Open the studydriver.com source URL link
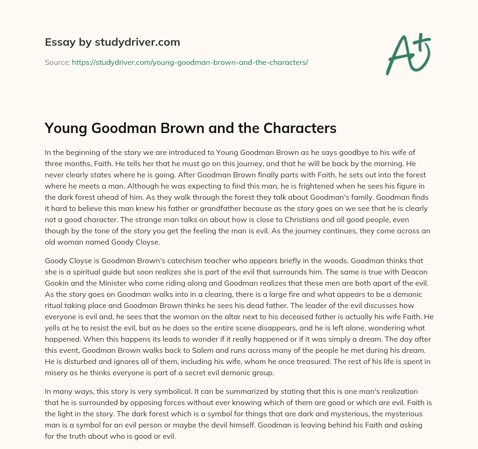[x=190, y=62]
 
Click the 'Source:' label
[x=57, y=62]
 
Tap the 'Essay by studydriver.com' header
[x=112, y=42]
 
